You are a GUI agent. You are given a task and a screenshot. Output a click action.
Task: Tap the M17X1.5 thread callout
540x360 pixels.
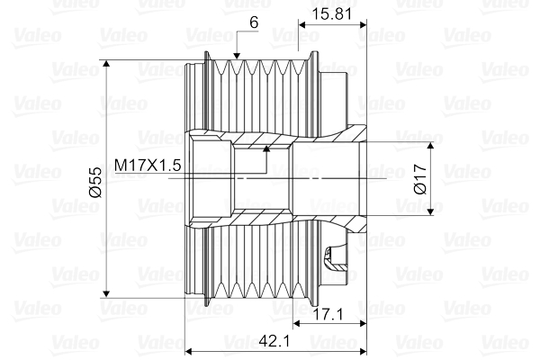[x=148, y=166]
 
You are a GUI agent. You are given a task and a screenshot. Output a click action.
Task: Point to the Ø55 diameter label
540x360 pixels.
[x=94, y=180]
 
